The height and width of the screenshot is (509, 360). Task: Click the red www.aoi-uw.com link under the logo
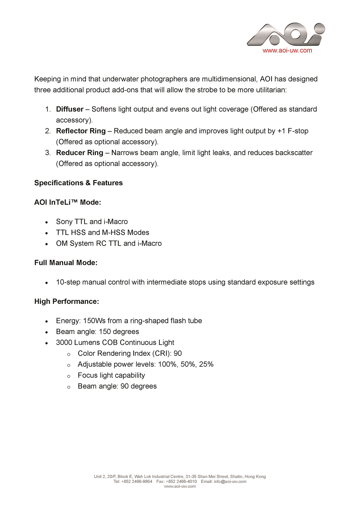click(287, 51)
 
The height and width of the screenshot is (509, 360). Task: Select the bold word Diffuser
click(70, 109)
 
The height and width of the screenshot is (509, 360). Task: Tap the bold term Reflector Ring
click(81, 131)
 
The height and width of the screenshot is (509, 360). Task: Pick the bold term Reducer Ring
click(80, 153)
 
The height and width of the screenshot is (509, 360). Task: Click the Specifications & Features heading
click(78, 183)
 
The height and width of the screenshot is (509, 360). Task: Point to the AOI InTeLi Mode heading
click(68, 202)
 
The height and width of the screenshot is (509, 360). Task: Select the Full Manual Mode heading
click(66, 263)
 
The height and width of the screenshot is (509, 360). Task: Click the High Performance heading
click(67, 301)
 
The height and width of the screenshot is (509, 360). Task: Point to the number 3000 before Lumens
click(64, 343)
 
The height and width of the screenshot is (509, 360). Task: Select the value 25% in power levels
click(206, 364)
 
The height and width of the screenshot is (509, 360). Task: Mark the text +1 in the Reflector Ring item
click(281, 131)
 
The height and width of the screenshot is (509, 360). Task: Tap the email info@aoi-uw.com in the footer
click(230, 481)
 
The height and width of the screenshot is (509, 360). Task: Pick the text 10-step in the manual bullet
click(68, 282)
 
